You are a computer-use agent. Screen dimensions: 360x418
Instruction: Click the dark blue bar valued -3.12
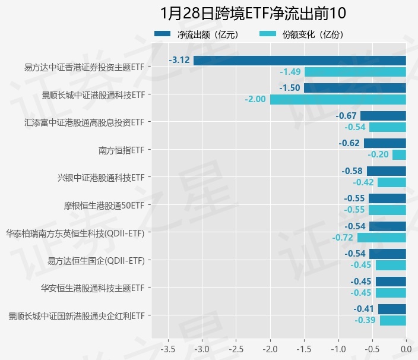click(x=300, y=60)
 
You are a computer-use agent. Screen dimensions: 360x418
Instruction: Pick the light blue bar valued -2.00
click(x=338, y=99)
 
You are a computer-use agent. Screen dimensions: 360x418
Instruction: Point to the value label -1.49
click(x=290, y=72)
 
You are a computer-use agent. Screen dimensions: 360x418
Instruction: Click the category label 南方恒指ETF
click(x=121, y=150)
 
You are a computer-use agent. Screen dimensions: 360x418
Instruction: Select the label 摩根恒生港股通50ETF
click(x=104, y=206)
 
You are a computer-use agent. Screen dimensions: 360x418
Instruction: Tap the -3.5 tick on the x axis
click(x=168, y=348)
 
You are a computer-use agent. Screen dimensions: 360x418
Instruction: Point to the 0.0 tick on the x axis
click(x=406, y=348)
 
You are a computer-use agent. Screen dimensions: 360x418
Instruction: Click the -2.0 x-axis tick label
click(x=270, y=348)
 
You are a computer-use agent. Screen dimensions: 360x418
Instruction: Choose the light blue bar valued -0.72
click(x=381, y=238)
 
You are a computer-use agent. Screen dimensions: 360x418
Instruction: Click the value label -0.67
click(x=346, y=115)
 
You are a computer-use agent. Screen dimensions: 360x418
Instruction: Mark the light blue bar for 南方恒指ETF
click(x=399, y=154)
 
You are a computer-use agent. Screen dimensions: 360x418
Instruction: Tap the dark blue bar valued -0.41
click(x=392, y=309)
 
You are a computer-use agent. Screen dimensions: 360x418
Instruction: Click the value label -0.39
click(x=365, y=321)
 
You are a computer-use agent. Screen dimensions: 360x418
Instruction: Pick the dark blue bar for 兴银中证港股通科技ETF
click(x=387, y=171)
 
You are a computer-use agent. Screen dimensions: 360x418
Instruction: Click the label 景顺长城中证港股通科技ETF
click(x=93, y=94)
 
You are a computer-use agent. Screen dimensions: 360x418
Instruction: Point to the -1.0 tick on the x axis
click(x=338, y=348)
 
